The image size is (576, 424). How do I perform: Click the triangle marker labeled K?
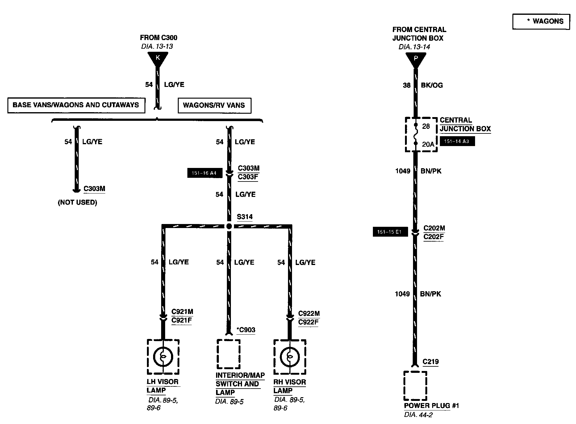[x=158, y=58]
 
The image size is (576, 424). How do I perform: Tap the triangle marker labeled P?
[x=415, y=59]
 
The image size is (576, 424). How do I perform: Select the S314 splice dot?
[x=229, y=226]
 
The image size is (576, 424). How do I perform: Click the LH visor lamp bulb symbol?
[x=163, y=357]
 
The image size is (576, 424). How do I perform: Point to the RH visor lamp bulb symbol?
[x=290, y=357]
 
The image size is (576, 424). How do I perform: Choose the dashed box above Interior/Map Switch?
[x=229, y=354]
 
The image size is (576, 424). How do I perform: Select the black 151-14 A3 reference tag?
[x=457, y=141]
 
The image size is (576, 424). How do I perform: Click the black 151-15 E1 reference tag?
[x=390, y=232]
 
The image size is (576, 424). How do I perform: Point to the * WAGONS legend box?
[x=541, y=21]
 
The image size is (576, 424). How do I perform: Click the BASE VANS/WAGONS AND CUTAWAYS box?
[x=76, y=105]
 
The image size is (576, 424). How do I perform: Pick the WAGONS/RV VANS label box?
[x=214, y=105]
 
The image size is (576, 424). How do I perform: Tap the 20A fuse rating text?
[x=428, y=144]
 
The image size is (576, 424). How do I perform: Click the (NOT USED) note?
[x=77, y=202]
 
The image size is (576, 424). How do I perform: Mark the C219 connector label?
[x=430, y=362]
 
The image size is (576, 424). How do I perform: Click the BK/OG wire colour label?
[x=432, y=85]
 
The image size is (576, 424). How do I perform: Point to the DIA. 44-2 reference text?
[x=418, y=415]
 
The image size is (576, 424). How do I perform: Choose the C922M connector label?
[x=309, y=314]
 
